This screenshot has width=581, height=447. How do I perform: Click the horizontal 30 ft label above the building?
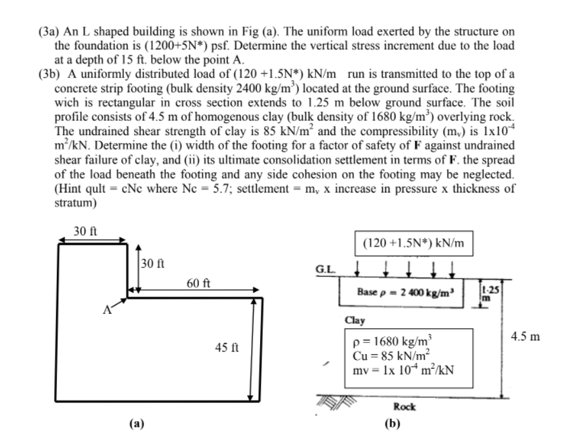click(x=84, y=231)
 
